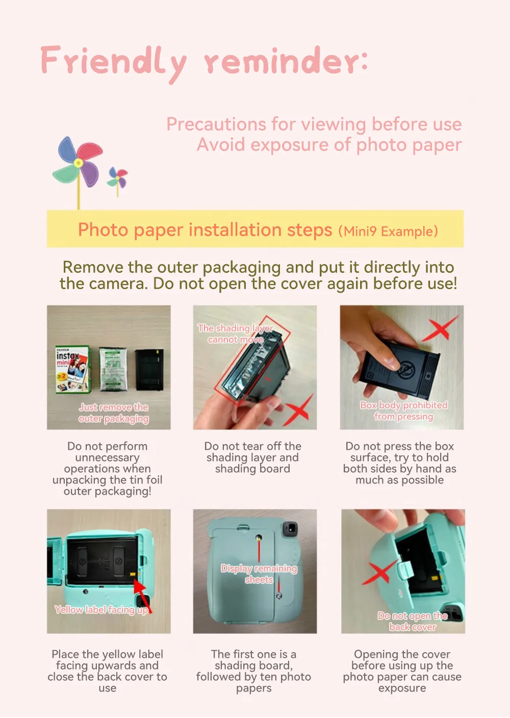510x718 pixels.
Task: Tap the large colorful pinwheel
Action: pos(78,162)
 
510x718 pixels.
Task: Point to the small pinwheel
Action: pos(117,178)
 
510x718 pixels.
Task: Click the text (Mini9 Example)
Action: pos(388,232)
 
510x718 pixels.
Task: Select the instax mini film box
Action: pos(72,369)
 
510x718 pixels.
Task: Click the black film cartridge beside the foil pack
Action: pos(149,369)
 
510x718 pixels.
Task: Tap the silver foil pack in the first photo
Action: pos(113,369)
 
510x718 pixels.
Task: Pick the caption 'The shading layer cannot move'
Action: pos(236,334)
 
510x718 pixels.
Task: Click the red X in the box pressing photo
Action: pos(440,327)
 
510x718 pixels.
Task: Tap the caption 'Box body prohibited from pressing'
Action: pos(403,411)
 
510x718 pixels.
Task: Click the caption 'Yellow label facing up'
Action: pos(101,609)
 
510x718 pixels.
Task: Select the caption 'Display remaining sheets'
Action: pos(259,574)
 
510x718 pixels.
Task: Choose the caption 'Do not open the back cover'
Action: pos(413,622)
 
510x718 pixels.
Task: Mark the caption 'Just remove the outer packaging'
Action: pos(114,413)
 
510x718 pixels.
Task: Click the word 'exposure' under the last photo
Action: pos(402,688)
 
